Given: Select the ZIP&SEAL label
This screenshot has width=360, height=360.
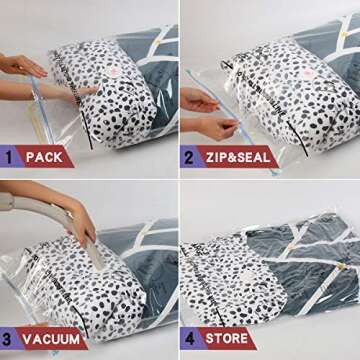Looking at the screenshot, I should point(238,157).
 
